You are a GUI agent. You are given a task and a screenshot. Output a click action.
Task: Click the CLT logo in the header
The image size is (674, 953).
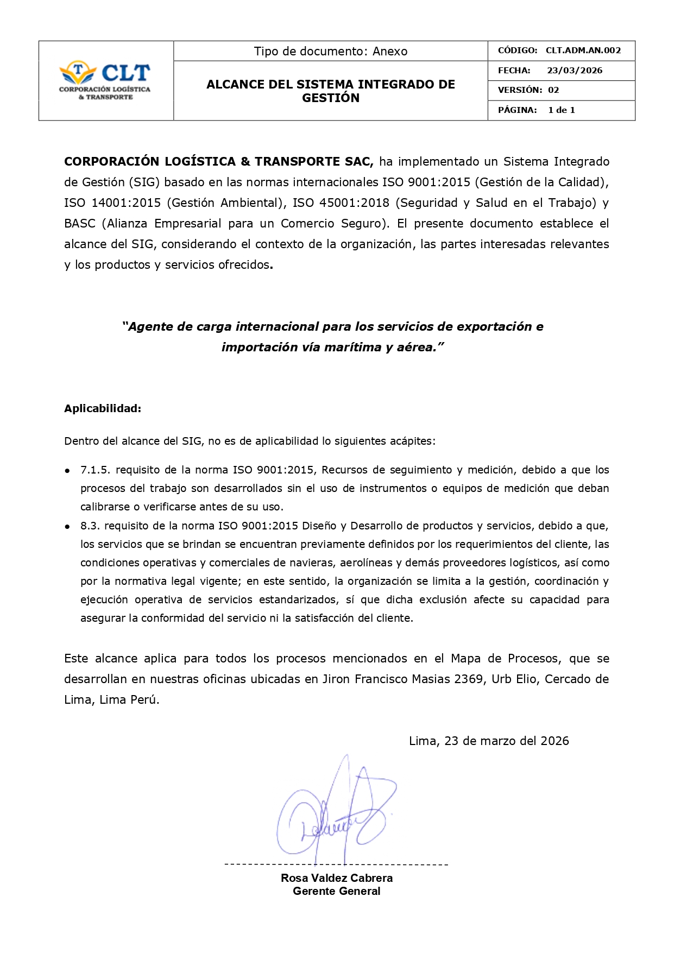click(105, 80)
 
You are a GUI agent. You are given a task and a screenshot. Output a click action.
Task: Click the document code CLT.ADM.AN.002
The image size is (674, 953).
click(583, 51)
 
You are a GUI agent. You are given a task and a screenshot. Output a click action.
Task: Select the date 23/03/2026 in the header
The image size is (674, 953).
click(574, 71)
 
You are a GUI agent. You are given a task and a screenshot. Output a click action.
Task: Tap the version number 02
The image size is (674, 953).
click(553, 90)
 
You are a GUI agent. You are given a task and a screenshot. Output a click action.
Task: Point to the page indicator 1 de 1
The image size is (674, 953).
click(561, 110)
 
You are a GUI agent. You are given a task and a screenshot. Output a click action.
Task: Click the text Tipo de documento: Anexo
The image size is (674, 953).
click(330, 52)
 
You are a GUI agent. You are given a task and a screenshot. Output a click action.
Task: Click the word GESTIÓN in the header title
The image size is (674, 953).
click(330, 98)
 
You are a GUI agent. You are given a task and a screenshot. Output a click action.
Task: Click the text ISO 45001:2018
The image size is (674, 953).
click(341, 203)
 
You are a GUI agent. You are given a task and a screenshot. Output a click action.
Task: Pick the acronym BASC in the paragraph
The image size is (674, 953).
click(80, 224)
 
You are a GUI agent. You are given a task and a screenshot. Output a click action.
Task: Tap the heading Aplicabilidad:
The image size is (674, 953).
click(103, 409)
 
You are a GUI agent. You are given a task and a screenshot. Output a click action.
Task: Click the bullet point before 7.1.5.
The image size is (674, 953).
click(67, 470)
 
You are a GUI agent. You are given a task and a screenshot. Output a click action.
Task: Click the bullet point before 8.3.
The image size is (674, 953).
click(67, 526)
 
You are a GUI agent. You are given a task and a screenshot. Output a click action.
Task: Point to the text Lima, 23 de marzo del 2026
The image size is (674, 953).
click(488, 741)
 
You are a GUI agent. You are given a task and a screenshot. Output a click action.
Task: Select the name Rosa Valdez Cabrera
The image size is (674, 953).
click(336, 878)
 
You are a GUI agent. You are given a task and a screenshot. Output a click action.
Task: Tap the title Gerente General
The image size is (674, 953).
click(336, 891)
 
